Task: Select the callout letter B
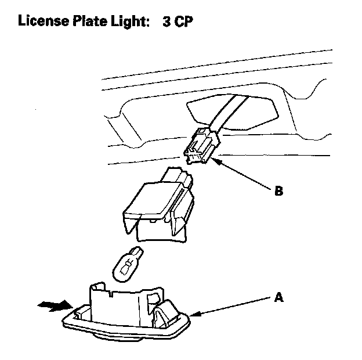tap(278, 190)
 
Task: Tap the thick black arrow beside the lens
tap(50, 307)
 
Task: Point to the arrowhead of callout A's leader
tap(193, 315)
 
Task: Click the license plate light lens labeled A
tap(128, 316)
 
